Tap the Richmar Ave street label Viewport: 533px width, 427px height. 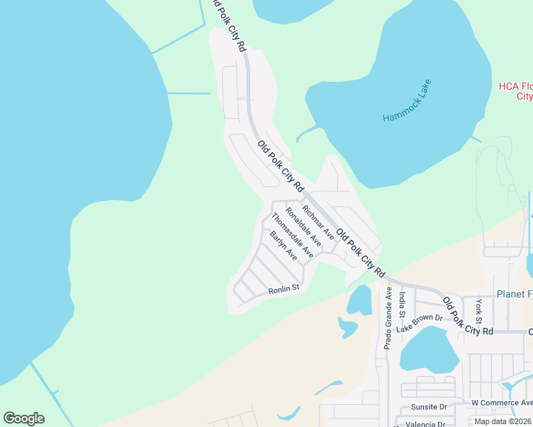318,221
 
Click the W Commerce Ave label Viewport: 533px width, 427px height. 502,403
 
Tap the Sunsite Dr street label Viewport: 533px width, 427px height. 428,408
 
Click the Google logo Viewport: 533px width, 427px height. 24,418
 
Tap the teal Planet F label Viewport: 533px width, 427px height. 514,295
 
